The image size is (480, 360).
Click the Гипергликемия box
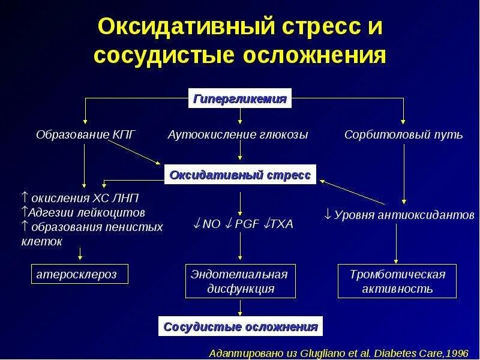[240, 99]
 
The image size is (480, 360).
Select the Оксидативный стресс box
[240, 175]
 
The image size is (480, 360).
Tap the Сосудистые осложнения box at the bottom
[241, 327]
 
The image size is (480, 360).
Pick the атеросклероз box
[82, 275]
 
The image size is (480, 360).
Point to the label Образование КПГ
[86, 134]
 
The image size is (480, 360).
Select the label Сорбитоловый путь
[403, 134]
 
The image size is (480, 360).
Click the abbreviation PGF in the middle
[245, 224]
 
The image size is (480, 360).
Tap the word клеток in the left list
[41, 241]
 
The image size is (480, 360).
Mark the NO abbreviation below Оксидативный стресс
[212, 224]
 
